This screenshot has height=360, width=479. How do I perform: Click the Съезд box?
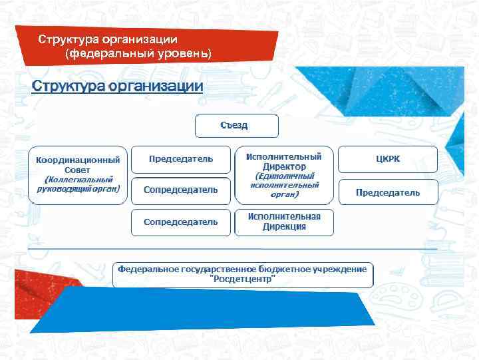click(x=236, y=126)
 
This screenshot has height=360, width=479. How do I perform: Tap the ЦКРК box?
click(x=388, y=160)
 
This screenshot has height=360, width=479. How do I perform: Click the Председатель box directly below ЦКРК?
click(x=388, y=192)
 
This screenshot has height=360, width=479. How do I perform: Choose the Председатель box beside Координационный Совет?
click(x=181, y=160)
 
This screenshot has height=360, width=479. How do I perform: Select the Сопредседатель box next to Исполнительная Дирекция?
click(x=181, y=222)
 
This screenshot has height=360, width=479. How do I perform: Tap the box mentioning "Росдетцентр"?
click(x=243, y=274)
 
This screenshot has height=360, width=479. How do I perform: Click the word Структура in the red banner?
click(x=65, y=39)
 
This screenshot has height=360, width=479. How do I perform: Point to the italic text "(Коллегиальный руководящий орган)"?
click(x=78, y=184)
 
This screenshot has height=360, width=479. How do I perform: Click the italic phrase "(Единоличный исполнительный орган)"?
click(x=284, y=186)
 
